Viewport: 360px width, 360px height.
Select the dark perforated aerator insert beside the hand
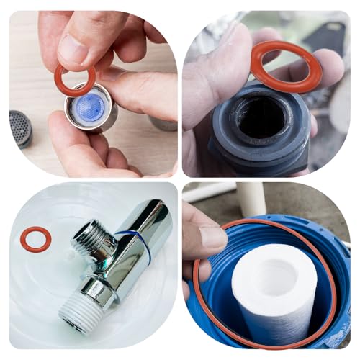[20, 127]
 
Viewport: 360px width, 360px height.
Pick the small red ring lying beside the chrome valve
[35, 239]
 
